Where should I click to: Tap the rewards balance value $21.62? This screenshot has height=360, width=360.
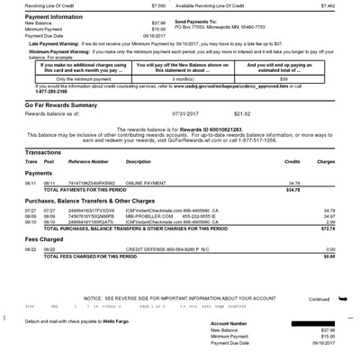click(x=242, y=113)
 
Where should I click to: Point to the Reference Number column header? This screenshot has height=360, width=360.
click(x=88, y=161)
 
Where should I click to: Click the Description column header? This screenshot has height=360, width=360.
click(x=138, y=161)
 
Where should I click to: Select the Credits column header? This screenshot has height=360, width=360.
click(x=292, y=161)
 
